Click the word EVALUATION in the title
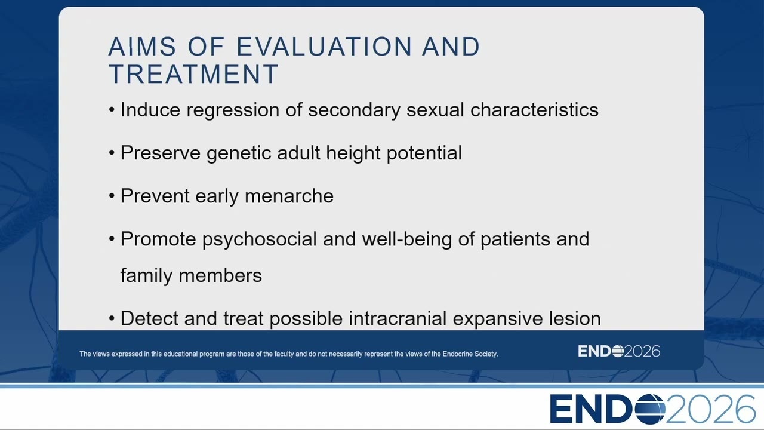[324, 47]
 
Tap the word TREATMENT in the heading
[193, 74]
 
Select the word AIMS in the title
[142, 47]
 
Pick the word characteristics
[534, 110]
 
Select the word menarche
[289, 196]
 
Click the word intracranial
[398, 318]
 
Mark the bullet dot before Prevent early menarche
[112, 196]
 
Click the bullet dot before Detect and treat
[112, 318]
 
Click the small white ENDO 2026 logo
[619, 351]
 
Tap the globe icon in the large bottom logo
[650, 408]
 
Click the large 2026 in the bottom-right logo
[710, 408]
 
